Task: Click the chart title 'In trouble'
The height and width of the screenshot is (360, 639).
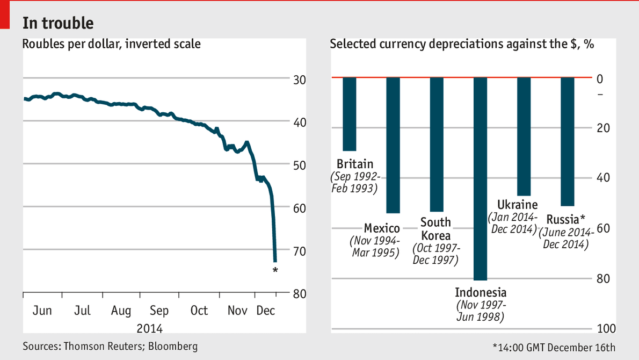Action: (58, 23)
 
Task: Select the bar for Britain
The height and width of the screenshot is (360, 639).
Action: (350, 114)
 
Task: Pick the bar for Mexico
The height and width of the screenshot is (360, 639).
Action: (393, 145)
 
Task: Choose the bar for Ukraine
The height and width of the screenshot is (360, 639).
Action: (524, 136)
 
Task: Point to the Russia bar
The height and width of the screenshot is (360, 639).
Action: (568, 142)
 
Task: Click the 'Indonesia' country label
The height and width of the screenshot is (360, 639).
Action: (481, 293)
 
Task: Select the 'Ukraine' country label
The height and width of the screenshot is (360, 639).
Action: (517, 205)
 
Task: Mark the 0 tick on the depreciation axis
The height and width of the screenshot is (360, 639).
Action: (600, 78)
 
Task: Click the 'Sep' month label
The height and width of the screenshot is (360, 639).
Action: (159, 311)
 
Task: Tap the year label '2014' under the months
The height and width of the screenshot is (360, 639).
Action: (149, 328)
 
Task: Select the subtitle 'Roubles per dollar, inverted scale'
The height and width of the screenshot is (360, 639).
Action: (112, 44)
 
